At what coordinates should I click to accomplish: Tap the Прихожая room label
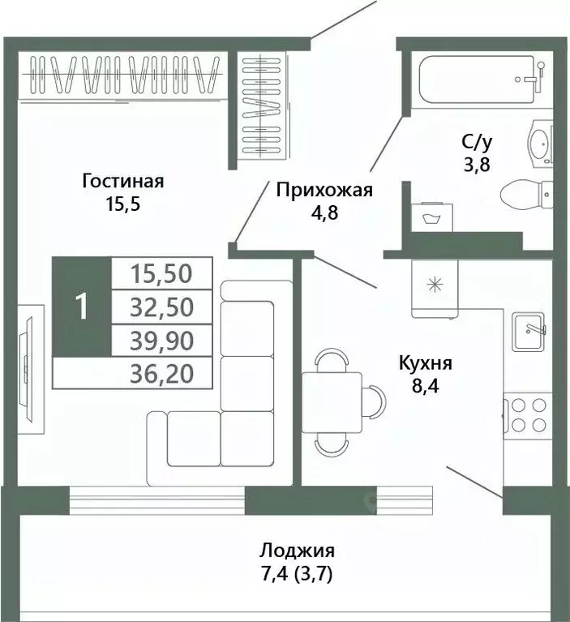click(x=324, y=191)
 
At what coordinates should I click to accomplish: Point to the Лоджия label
click(x=297, y=551)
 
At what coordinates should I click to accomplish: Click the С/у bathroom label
click(x=477, y=143)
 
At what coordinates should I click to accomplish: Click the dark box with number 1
click(x=80, y=307)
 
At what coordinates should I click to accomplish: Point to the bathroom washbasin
click(x=540, y=144)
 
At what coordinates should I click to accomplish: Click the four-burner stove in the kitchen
click(x=527, y=415)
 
